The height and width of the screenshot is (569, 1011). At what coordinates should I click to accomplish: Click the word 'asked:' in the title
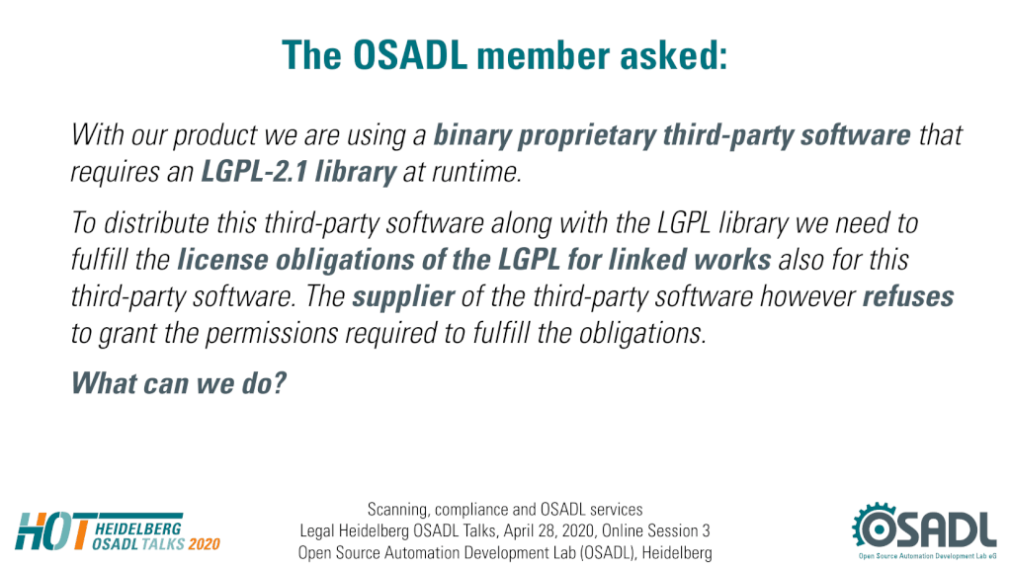point(674,55)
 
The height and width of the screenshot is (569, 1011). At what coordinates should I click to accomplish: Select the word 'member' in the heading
point(544,55)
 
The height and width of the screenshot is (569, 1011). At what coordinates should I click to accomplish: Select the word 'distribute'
point(156,223)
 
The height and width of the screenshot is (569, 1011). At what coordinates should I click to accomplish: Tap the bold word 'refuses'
point(908,296)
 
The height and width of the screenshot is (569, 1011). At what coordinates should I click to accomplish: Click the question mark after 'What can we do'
point(279,382)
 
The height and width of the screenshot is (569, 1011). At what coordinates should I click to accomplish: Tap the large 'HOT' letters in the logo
point(52,531)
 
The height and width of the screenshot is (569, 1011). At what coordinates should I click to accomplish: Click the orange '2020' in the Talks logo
point(204,544)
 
